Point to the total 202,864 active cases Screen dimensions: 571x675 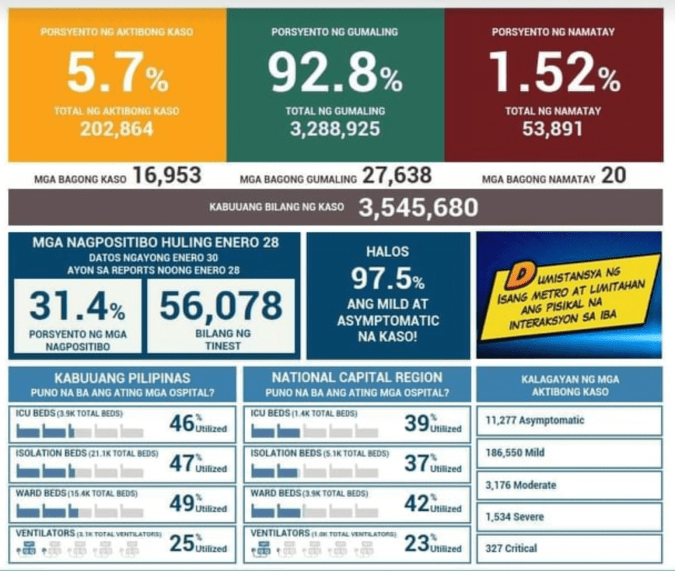[x=117, y=129]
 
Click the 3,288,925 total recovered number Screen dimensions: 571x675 [x=335, y=129]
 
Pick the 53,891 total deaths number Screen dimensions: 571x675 [x=553, y=129]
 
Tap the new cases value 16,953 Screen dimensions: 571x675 [x=167, y=176]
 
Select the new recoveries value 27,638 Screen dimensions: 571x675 [x=397, y=176]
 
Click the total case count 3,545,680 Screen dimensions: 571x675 [x=418, y=208]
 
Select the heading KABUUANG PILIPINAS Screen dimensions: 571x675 [x=122, y=378]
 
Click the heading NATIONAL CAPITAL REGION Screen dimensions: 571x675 [x=357, y=378]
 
